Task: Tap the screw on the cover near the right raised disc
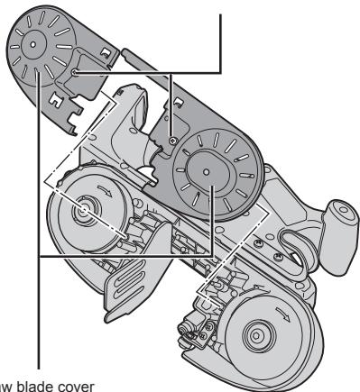172,141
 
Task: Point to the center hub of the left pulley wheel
85,210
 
